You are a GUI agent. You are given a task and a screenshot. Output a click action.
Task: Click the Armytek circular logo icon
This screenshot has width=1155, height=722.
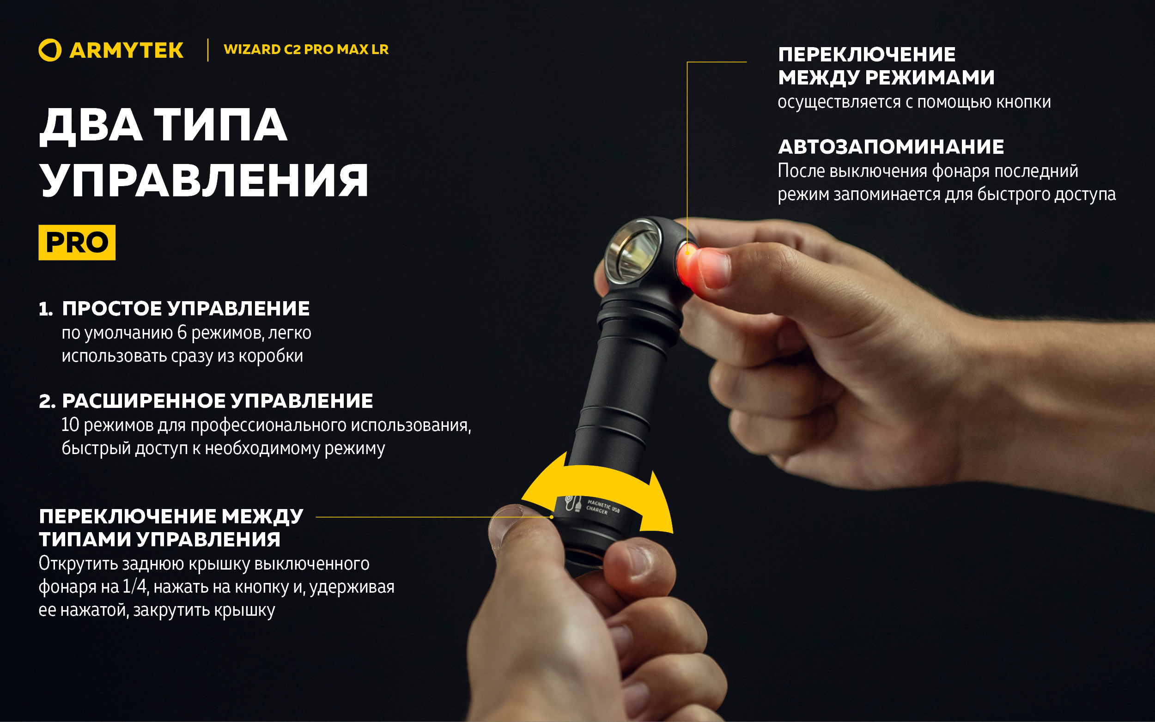[49, 50]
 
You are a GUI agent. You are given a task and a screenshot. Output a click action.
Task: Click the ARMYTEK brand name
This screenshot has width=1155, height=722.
[126, 51]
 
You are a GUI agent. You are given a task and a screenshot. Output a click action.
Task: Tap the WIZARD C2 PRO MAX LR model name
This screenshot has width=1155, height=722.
[305, 50]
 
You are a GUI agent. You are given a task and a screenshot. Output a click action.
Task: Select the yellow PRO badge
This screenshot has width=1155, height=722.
[77, 243]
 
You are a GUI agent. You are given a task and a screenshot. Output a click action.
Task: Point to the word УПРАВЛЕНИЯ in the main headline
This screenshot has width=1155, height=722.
[204, 181]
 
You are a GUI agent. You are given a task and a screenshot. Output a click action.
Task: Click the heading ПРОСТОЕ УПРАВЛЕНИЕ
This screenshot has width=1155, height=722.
[186, 309]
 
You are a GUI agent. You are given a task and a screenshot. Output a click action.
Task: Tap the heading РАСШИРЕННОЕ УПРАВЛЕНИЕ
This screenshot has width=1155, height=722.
[217, 401]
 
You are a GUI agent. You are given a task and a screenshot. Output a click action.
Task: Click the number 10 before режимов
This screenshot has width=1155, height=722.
[70, 425]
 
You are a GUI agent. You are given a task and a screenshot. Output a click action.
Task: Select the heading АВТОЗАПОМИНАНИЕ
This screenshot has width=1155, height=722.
[891, 146]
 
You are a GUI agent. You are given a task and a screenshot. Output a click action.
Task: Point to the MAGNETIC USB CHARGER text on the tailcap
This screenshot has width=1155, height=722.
[602, 507]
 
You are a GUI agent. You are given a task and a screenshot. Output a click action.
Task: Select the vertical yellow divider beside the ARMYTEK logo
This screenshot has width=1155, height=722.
[208, 50]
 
